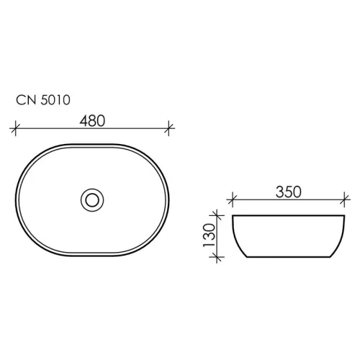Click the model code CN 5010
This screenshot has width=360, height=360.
[x=42, y=101]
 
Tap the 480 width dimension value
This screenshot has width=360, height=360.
[x=91, y=121]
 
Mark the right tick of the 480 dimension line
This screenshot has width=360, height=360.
[x=169, y=130]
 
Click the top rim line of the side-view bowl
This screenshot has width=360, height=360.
[x=287, y=215]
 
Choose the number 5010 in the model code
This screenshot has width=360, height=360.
[x=54, y=101]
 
